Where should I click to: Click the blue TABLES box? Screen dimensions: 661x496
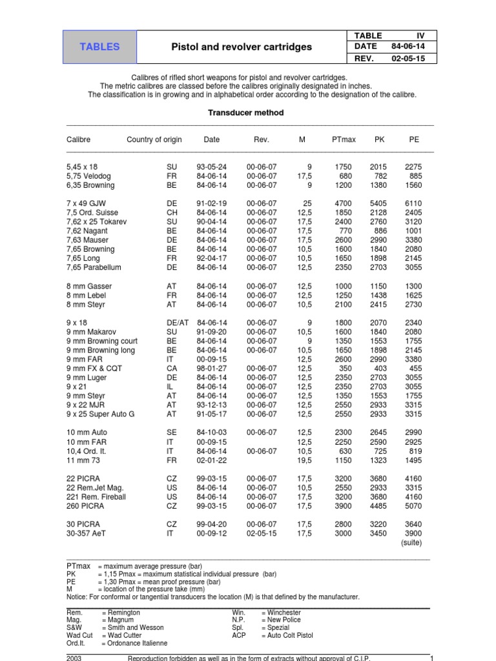[x=99, y=46]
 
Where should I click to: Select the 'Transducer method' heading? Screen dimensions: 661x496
[x=245, y=112]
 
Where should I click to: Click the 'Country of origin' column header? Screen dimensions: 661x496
[x=154, y=139]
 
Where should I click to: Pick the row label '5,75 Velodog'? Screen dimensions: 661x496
[x=90, y=176]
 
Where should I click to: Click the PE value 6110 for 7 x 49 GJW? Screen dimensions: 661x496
[x=413, y=203]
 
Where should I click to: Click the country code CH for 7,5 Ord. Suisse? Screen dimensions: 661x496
[x=171, y=212]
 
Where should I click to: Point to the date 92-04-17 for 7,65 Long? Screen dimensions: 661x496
[x=211, y=258]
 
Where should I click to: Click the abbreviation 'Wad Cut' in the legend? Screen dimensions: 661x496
[x=79, y=635]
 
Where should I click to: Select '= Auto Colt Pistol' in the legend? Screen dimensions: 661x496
[x=287, y=635]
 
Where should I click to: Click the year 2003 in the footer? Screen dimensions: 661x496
[x=75, y=657]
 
